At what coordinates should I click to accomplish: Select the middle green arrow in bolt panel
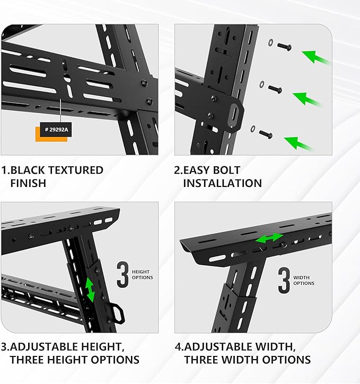coord(307,99)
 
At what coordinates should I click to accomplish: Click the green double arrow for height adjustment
coord(91,290)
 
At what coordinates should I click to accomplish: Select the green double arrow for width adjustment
coord(269,239)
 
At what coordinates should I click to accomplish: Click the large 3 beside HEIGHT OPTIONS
coord(122,274)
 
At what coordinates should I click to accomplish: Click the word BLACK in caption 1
coord(35,170)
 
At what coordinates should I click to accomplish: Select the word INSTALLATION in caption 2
coord(222,183)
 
